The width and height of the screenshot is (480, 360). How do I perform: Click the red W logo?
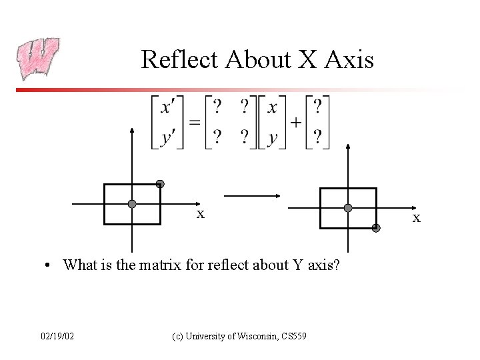38,58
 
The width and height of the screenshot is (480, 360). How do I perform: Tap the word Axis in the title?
347,59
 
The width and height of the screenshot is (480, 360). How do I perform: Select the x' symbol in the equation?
169,107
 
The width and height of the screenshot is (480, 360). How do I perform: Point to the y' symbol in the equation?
169,137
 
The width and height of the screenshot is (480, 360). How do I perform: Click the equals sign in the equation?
194,123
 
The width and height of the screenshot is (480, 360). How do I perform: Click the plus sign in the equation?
295,123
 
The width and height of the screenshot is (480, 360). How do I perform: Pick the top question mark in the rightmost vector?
317,107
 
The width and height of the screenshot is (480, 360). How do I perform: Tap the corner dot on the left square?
160,184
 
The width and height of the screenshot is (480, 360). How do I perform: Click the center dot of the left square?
132,203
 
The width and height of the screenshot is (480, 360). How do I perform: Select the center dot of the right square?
348,208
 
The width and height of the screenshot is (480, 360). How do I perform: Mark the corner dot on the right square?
376,228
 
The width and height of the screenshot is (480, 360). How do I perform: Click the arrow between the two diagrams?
251,196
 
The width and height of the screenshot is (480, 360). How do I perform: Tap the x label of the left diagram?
200,214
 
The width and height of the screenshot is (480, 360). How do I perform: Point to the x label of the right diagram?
417,218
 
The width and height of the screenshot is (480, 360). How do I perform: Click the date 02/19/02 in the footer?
57,336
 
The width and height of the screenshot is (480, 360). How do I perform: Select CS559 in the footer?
293,336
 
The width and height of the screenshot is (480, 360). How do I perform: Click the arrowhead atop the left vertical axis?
132,131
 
